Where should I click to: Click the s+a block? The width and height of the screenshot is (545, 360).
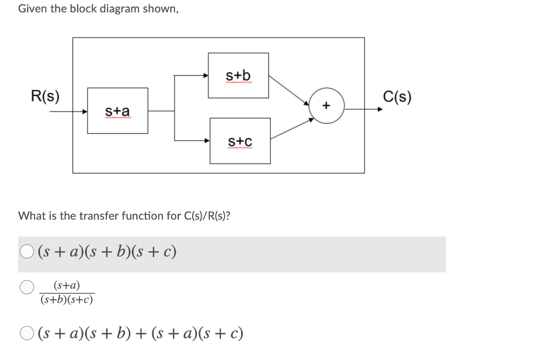click(x=118, y=111)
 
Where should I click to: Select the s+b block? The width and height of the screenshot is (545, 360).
click(x=238, y=75)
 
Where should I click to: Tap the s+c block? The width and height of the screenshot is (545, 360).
click(x=240, y=141)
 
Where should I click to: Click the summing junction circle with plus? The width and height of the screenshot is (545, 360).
click(x=326, y=107)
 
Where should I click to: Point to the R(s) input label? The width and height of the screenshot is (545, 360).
click(x=45, y=97)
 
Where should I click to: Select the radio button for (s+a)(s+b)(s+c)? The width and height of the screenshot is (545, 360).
click(x=27, y=251)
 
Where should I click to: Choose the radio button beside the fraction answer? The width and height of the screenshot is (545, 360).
click(x=27, y=288)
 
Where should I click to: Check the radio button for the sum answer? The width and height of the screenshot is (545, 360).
click(x=27, y=334)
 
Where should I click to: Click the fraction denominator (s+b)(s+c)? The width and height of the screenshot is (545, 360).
click(x=67, y=300)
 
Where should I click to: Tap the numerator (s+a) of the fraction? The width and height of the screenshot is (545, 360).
click(x=67, y=286)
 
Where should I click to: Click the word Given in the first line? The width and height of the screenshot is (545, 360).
click(x=32, y=9)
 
